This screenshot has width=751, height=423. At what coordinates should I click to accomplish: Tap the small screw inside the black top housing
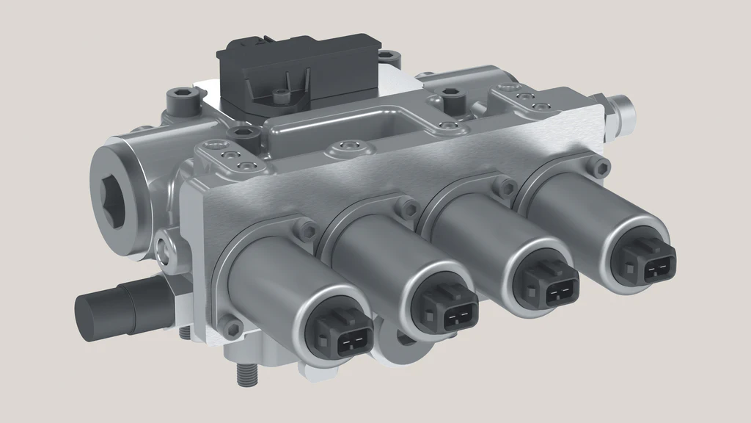(279, 95)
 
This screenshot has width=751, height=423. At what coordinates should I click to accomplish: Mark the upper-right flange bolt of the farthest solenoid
(601, 164)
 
